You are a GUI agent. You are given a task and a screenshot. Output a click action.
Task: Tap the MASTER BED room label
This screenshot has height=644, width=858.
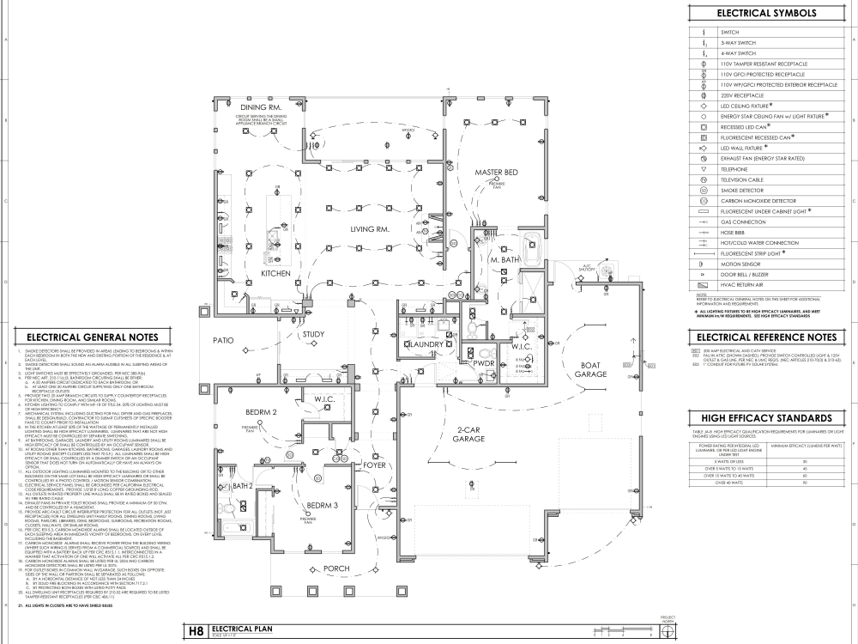[x=497, y=173]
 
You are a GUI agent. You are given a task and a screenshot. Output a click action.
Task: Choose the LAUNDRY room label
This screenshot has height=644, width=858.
[x=421, y=344]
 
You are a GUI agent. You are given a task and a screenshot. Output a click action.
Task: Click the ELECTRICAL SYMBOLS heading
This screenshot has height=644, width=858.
[x=766, y=14]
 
